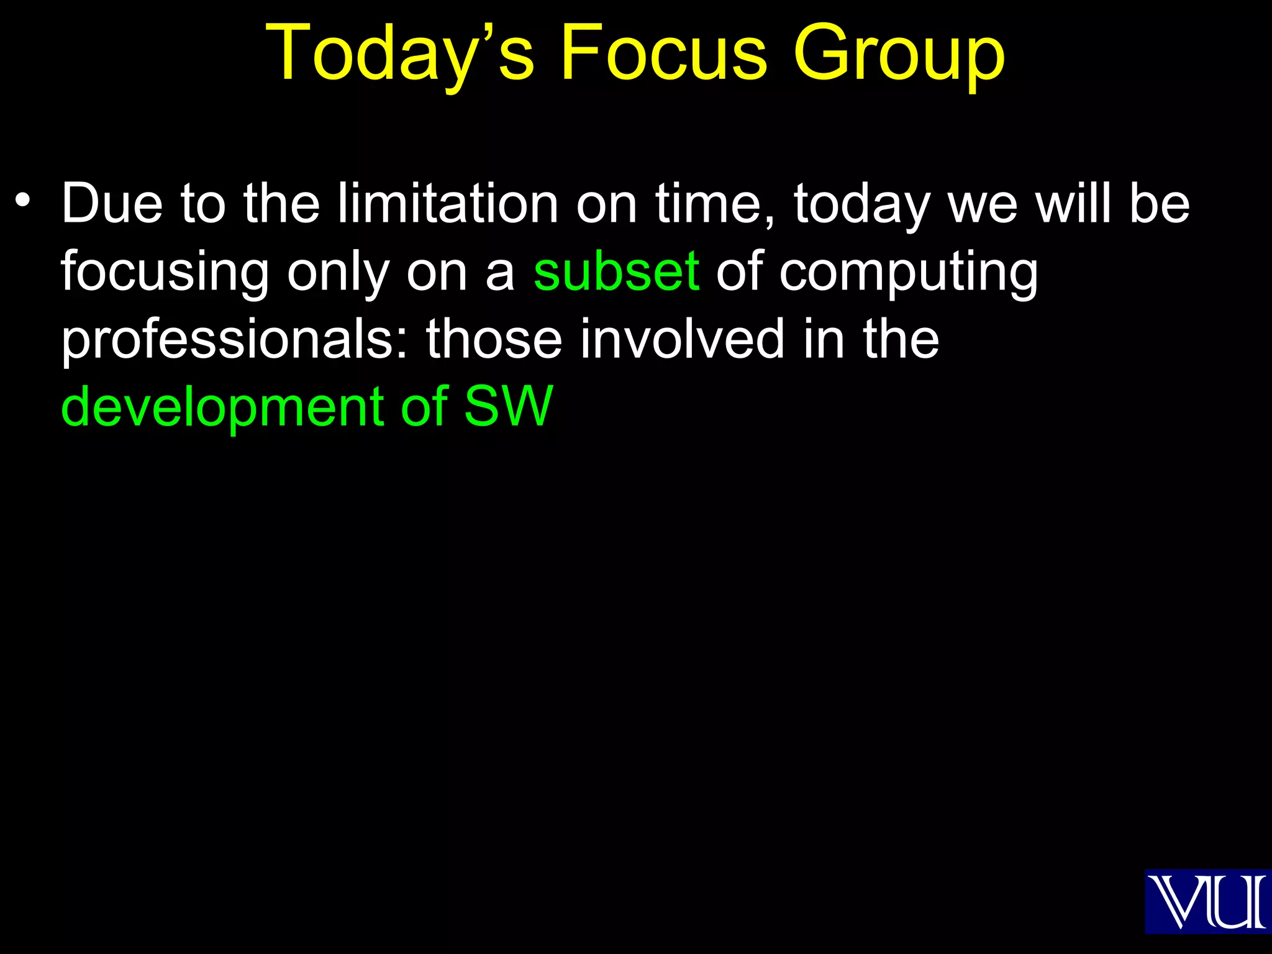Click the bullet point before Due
coord(23,201)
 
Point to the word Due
coord(112,203)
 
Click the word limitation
coord(447,203)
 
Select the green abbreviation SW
coord(508,406)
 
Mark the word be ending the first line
coord(1159,203)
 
